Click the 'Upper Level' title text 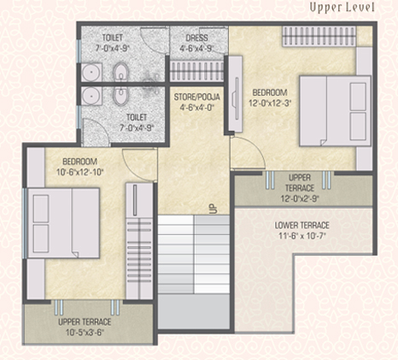point(342,8)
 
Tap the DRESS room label point(196,38)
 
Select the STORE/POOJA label point(197,97)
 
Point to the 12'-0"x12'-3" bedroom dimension point(270,103)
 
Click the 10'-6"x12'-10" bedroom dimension point(79,172)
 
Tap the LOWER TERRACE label point(301,226)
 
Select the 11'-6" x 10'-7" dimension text point(301,236)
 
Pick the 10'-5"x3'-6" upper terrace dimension point(85,333)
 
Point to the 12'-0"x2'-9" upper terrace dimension point(300,198)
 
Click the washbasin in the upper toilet point(91,72)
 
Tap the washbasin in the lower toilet point(91,96)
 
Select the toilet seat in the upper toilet point(120,71)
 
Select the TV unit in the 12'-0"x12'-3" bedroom point(236,94)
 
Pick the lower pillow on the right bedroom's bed point(358,126)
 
